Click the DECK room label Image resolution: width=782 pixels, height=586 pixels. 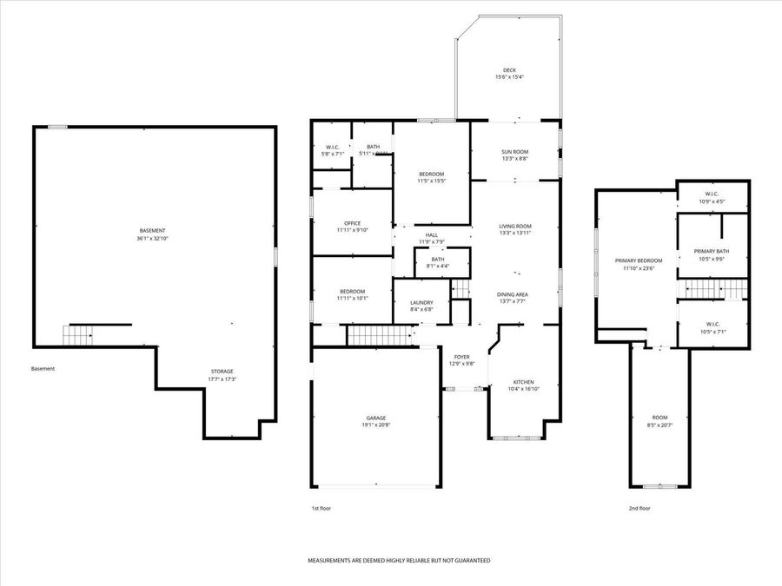coord(509,70)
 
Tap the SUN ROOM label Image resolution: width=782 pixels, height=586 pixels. coord(515,152)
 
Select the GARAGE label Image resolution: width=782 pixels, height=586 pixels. coord(375,418)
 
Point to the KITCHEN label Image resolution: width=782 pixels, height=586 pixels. coord(523,383)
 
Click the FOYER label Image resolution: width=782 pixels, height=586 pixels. coord(461,357)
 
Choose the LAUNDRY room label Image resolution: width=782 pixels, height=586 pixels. coord(421,302)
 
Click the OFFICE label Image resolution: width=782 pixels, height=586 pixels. coord(352,223)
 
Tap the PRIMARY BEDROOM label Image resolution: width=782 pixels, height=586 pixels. coord(639,260)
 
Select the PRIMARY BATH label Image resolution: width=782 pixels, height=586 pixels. coord(712,252)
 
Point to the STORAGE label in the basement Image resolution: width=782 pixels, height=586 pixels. coord(222,372)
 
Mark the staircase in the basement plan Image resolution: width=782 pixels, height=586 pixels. coord(78,333)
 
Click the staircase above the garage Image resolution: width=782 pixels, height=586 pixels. coord(379,335)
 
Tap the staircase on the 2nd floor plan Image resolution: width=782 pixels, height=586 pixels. coord(712,289)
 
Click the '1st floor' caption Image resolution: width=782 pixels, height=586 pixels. coord(321,508)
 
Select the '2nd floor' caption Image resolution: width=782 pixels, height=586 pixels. coord(640,508)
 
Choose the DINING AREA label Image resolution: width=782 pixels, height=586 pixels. coord(513,294)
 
